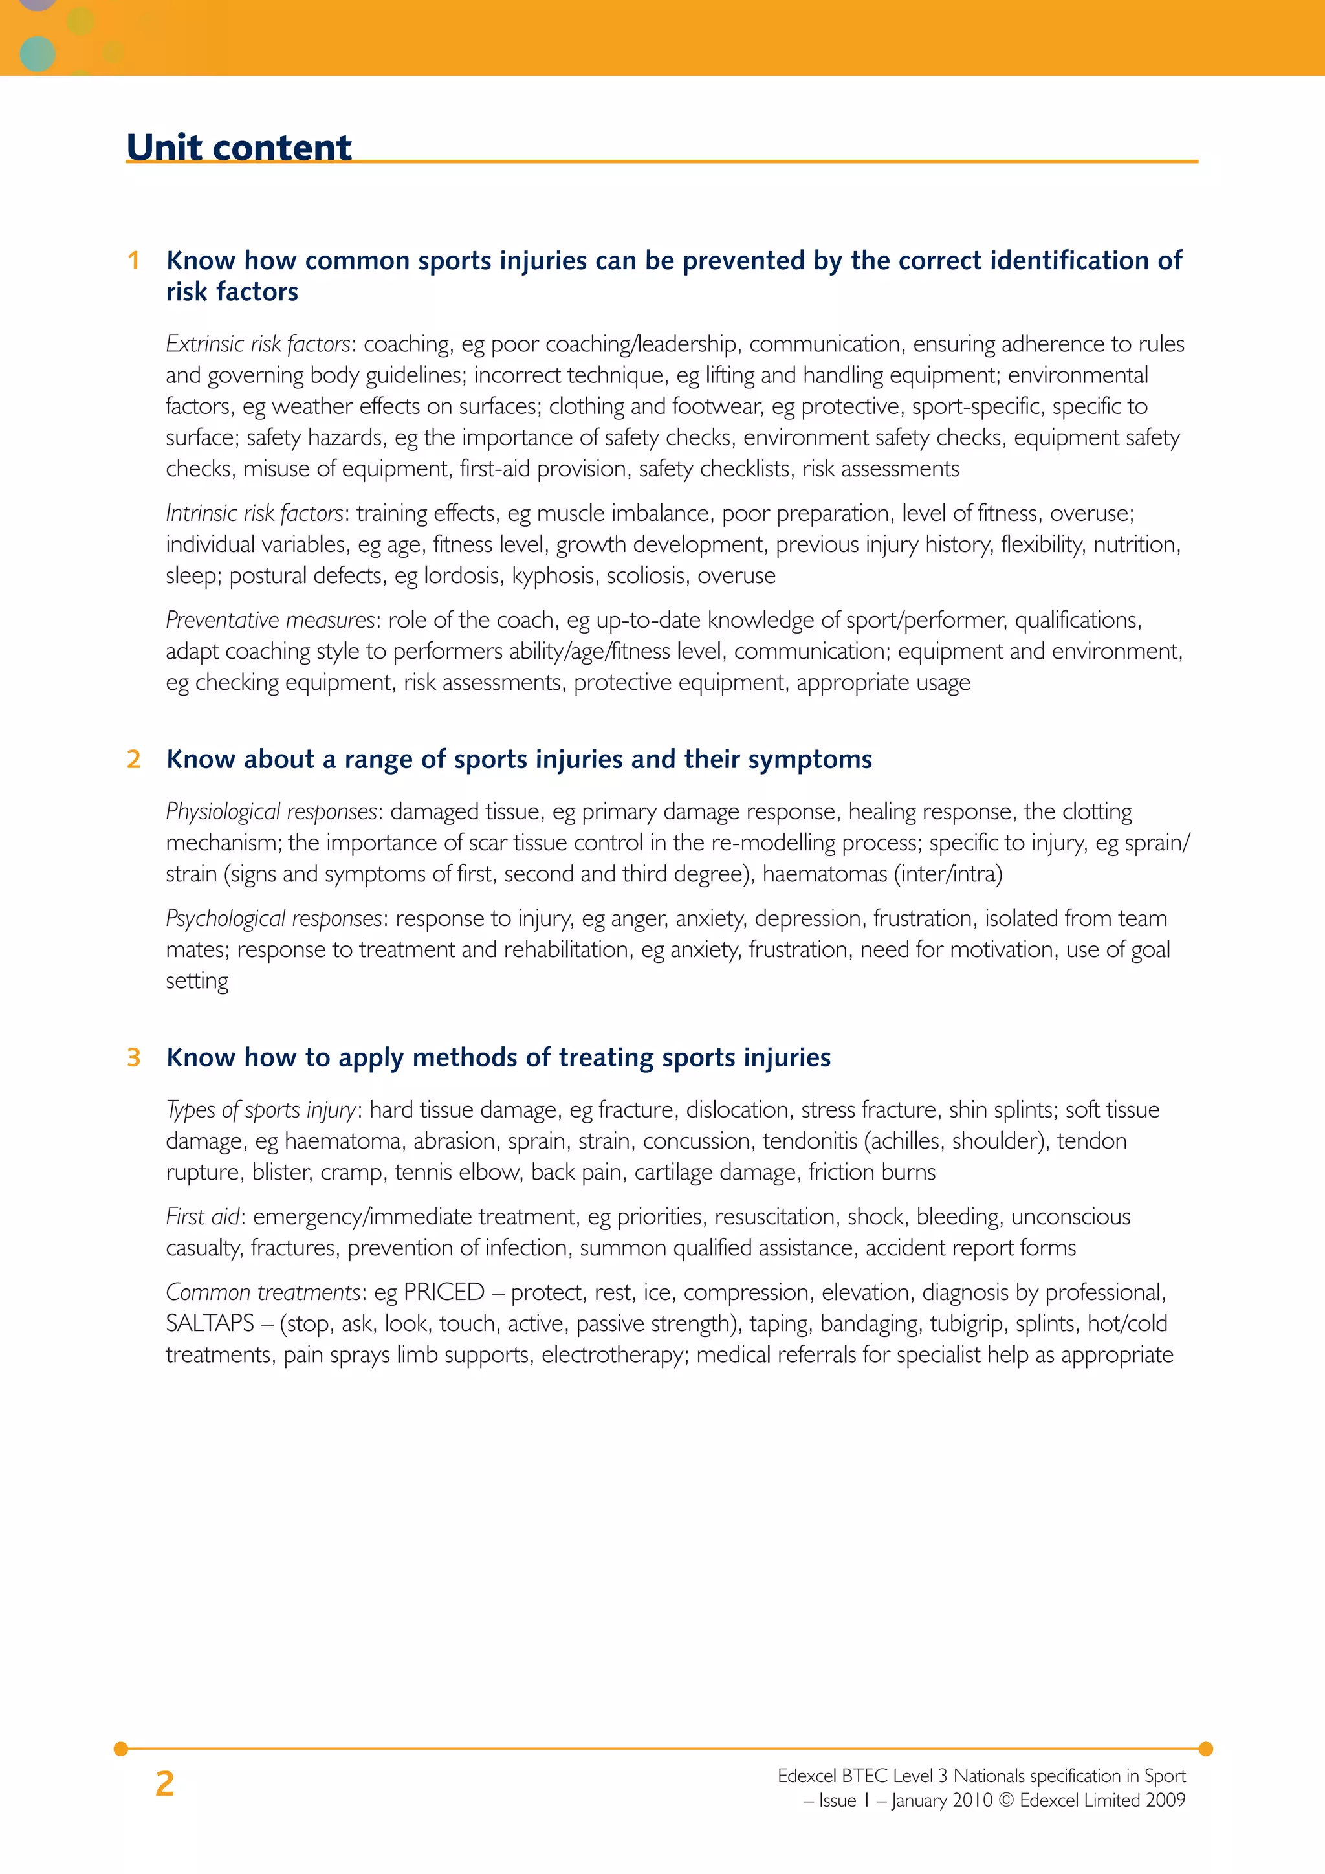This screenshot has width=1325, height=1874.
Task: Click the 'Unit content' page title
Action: coord(239,148)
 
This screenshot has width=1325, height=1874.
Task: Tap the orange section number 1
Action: coord(134,260)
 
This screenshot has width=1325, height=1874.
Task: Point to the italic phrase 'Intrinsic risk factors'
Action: coord(254,513)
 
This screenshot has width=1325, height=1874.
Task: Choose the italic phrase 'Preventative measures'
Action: coord(270,621)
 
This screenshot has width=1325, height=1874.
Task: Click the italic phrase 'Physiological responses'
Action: coord(272,811)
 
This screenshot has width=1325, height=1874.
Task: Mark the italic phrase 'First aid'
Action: coord(203,1217)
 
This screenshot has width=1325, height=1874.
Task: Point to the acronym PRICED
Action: coord(444,1292)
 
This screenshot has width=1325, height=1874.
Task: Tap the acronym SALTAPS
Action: coord(210,1323)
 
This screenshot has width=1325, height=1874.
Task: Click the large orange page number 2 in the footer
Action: coord(165,1784)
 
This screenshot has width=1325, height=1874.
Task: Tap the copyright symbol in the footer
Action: coord(1005,1800)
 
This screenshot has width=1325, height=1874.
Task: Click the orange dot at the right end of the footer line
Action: coord(1206,1749)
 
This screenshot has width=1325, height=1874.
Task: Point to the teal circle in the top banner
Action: coord(37,54)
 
